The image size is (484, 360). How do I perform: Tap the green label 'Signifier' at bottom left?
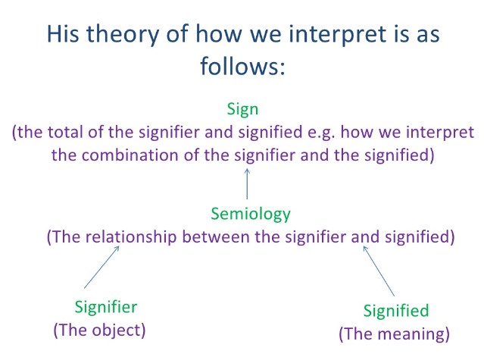click(106, 308)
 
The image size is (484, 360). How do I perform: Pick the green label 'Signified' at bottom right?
click(395, 311)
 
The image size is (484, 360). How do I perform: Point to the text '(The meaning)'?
click(394, 333)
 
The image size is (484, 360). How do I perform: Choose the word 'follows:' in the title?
click(242, 67)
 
